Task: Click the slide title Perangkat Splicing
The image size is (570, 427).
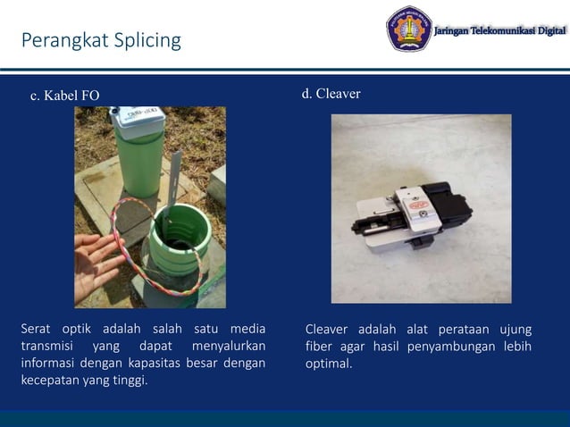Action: (x=100, y=41)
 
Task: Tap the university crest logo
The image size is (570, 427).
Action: (x=408, y=29)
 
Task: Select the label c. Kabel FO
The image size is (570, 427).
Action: (x=65, y=96)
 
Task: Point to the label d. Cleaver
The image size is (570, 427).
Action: (x=331, y=94)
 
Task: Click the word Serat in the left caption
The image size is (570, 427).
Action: (x=37, y=329)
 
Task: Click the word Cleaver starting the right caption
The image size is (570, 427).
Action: (x=328, y=329)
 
